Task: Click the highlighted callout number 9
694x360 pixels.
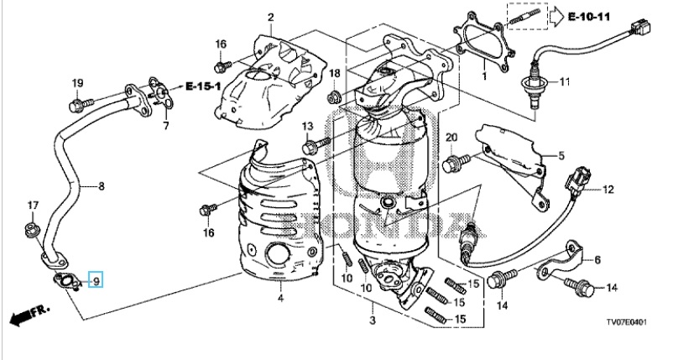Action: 96,279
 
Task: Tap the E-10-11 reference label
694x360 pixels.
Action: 588,17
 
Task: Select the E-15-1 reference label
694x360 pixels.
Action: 203,86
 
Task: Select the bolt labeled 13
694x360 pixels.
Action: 316,144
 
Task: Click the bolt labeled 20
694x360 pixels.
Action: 457,163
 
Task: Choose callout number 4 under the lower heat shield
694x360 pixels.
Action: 280,299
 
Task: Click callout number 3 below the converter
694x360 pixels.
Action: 373,320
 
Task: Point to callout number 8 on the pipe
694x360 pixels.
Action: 102,186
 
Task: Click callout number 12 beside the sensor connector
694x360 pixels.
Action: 608,190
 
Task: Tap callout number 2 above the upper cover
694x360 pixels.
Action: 270,18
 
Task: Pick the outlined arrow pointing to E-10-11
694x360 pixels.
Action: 556,17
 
